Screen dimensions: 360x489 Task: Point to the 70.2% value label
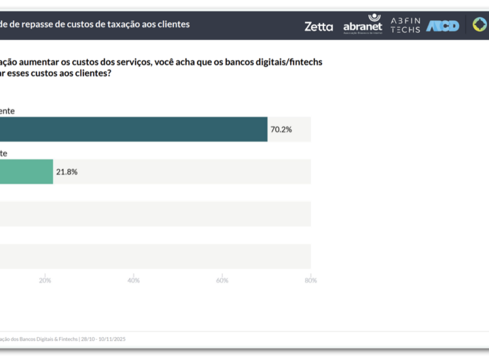(281, 129)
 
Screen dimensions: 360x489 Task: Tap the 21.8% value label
(67, 172)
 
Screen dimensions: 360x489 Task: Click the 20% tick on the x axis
(46, 281)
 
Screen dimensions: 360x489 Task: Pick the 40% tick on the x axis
(134, 281)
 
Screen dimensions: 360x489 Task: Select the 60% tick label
(222, 281)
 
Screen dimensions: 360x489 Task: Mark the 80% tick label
(310, 281)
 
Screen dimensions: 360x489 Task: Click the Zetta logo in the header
(319, 26)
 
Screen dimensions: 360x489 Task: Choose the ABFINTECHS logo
(405, 25)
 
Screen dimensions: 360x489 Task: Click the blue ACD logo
(443, 26)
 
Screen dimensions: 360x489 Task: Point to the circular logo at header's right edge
(480, 25)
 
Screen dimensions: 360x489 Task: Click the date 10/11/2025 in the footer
(112, 339)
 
